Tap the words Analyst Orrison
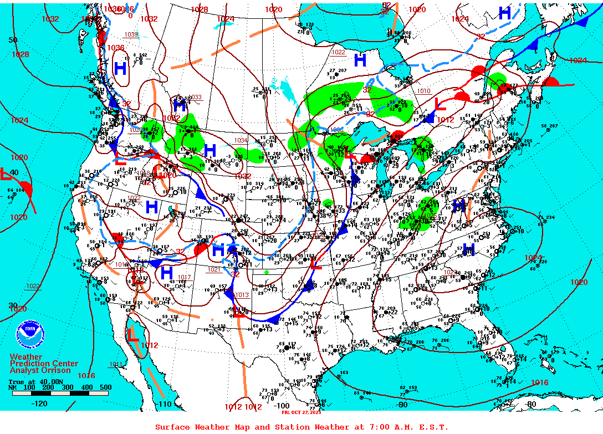tap(40, 370)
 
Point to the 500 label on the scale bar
tap(105, 387)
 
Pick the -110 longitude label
tap(164, 404)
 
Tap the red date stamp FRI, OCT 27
tap(301, 412)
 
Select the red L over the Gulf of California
tap(133, 335)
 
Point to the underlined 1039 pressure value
tap(131, 34)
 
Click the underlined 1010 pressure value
tap(423, 91)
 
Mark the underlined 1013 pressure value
tap(242, 295)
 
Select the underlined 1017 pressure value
tap(184, 277)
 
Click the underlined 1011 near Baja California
tap(116, 364)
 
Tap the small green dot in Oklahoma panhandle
tap(267, 272)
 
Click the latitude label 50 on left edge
tap(13, 40)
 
